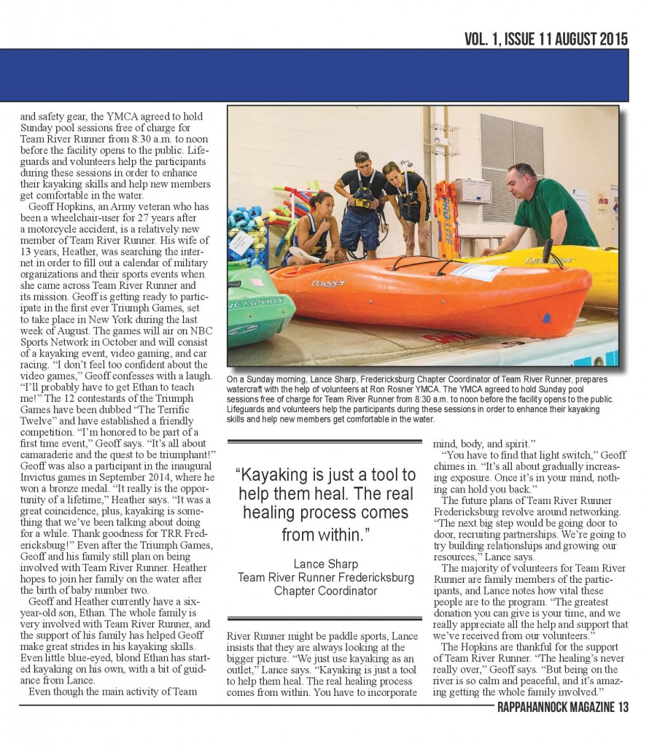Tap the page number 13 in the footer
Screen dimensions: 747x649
[x=621, y=707]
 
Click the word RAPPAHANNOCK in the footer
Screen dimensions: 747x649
[x=536, y=707]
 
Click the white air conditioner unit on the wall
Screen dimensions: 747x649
[x=473, y=190]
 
